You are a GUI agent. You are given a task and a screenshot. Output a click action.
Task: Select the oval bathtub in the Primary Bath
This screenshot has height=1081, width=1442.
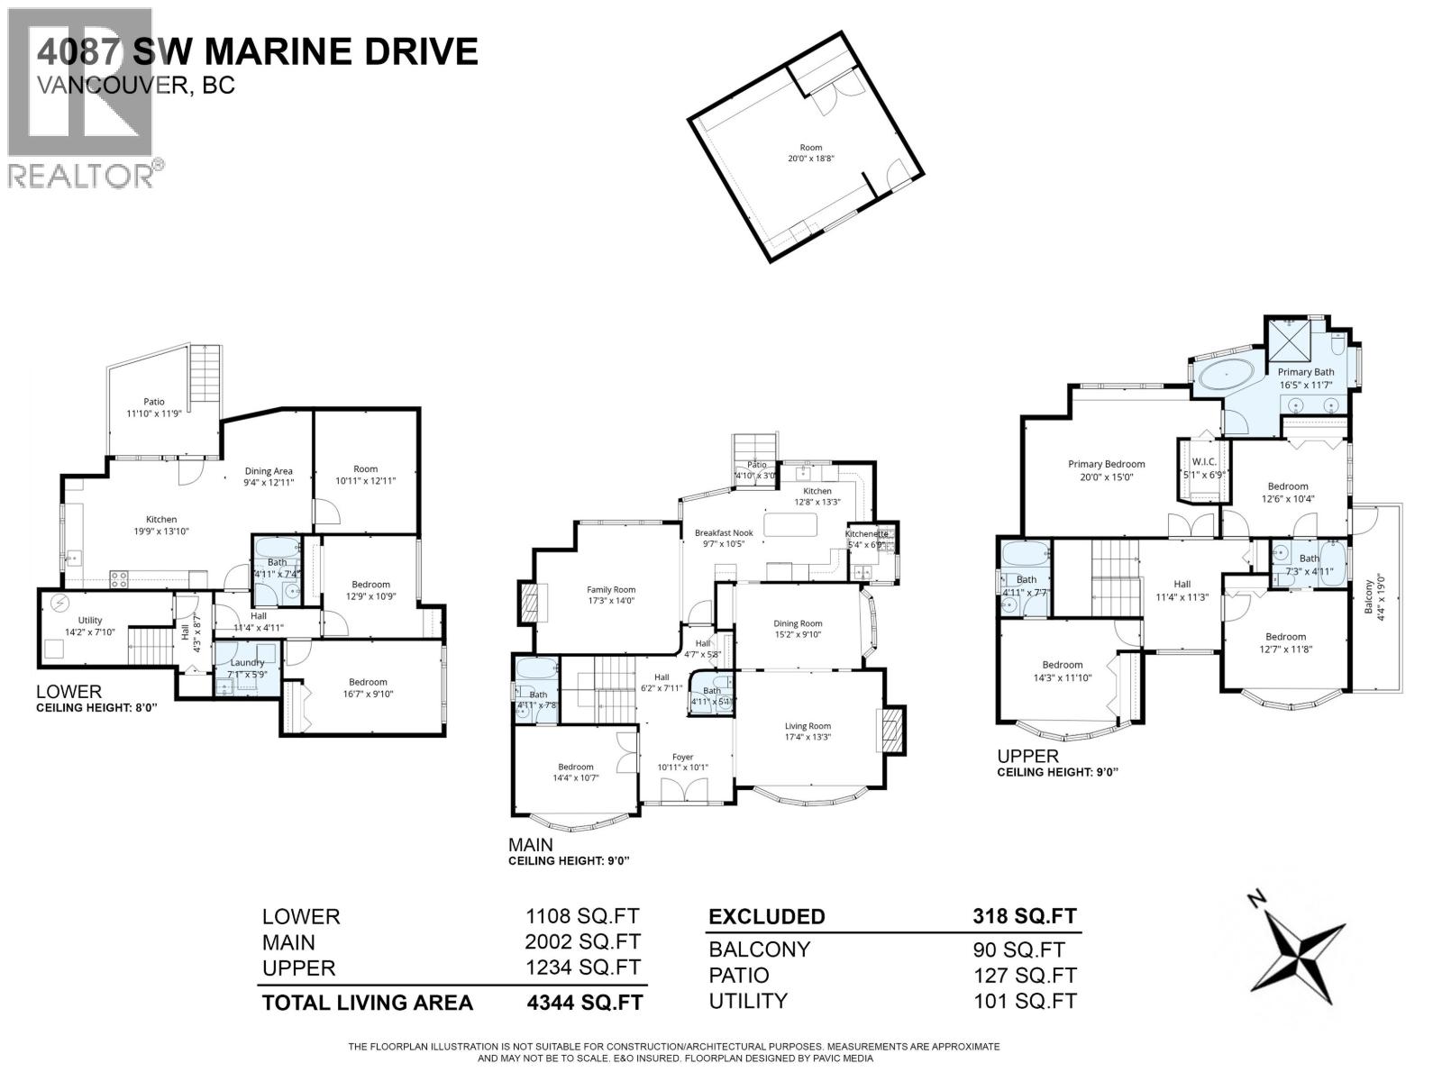coord(1226,374)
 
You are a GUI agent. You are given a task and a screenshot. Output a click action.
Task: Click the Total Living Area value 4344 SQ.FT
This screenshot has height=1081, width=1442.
coord(583,1002)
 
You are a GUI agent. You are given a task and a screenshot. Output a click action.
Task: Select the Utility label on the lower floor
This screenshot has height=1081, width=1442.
coord(90,620)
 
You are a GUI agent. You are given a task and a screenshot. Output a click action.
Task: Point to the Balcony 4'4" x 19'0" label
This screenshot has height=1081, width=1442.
coord(1373,595)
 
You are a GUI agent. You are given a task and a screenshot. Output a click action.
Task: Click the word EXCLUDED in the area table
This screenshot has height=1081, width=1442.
coord(766,916)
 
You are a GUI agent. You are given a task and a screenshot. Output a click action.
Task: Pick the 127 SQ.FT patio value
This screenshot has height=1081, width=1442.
coord(1024,976)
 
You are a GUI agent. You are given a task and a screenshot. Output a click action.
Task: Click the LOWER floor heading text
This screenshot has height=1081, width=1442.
coord(68,692)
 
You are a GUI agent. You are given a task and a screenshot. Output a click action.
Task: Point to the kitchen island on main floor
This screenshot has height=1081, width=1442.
coord(791,523)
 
